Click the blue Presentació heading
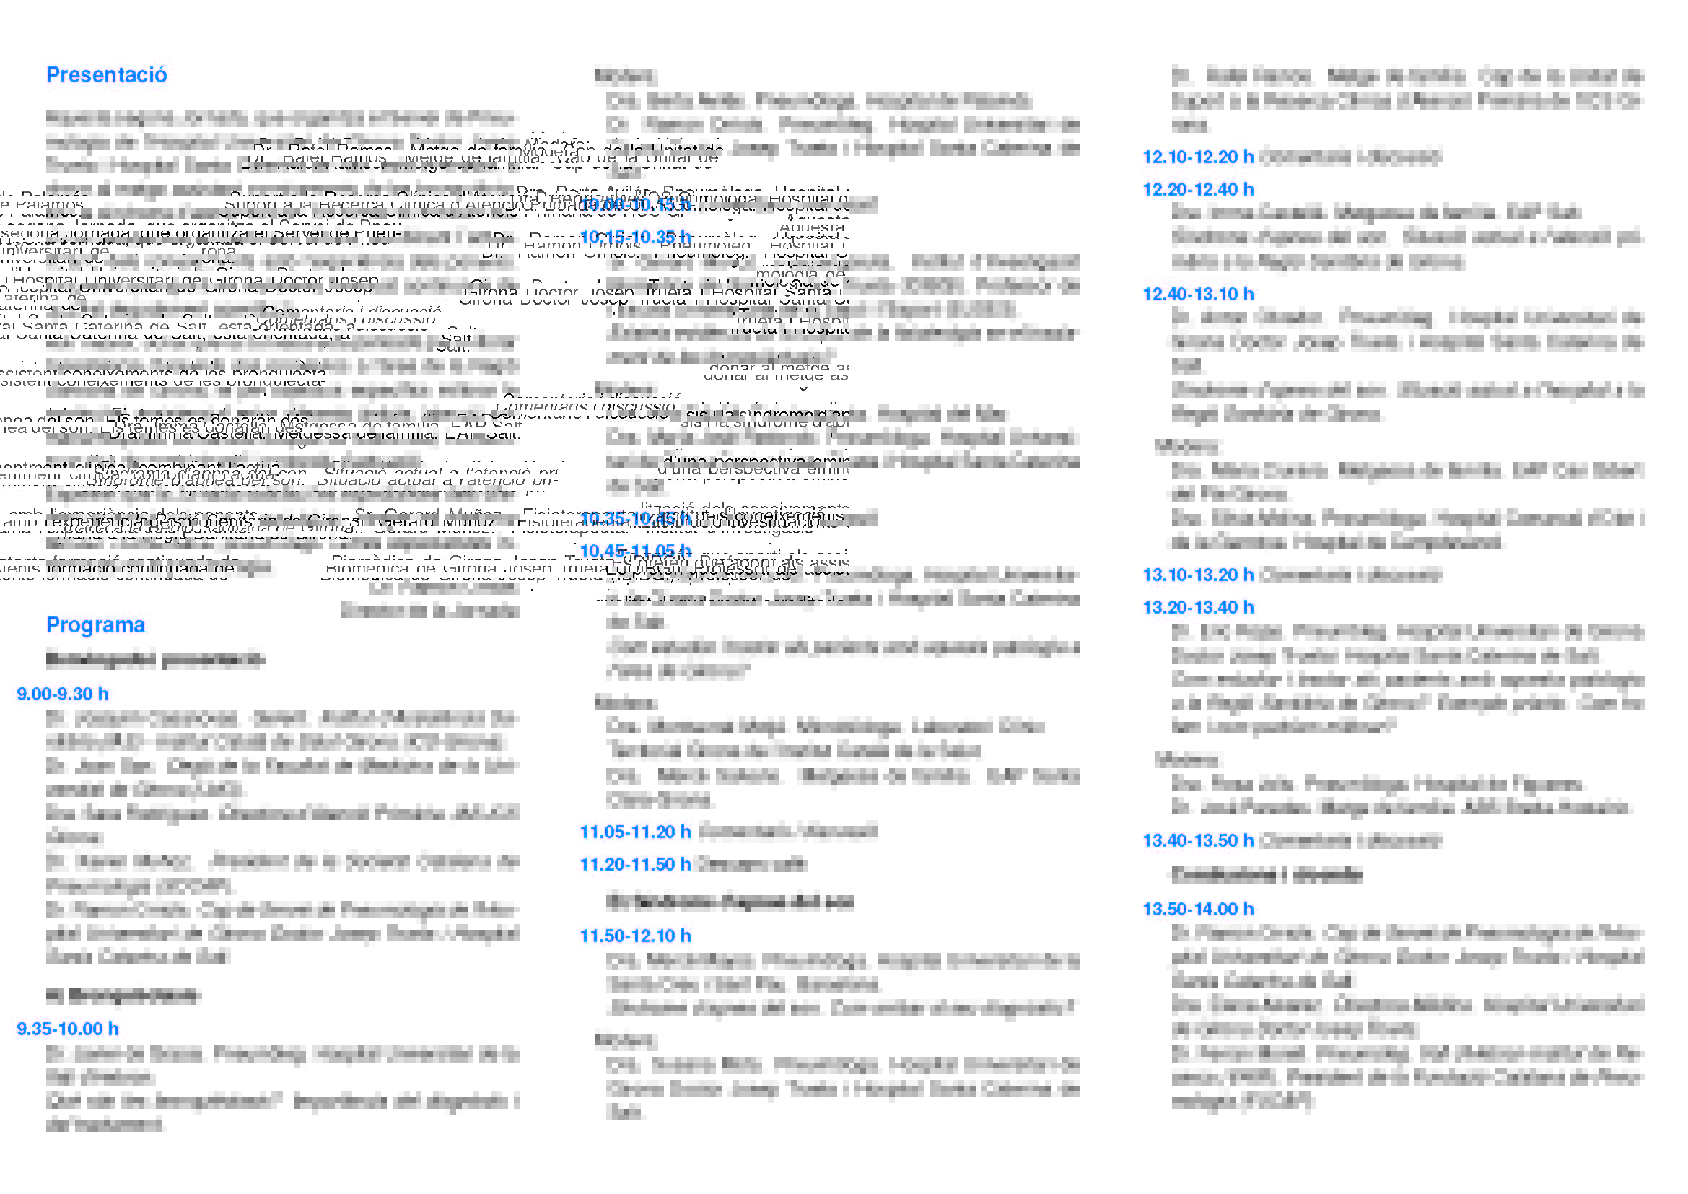pyautogui.click(x=107, y=75)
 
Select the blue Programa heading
pyautogui.click(x=95, y=625)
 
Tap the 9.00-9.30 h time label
pyautogui.click(x=63, y=694)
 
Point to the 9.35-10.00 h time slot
pyautogui.click(x=68, y=1029)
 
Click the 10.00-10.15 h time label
pyautogui.click(x=635, y=204)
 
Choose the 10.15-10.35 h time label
pyautogui.click(x=635, y=237)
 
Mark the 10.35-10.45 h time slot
pyautogui.click(x=635, y=519)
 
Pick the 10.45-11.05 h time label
pyautogui.click(x=635, y=551)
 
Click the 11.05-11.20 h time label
pyautogui.click(x=635, y=832)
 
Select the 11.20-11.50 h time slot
pyautogui.click(x=635, y=864)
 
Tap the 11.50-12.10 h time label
pyautogui.click(x=635, y=936)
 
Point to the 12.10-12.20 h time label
pyautogui.click(x=1198, y=157)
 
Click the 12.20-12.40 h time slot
pyautogui.click(x=1198, y=189)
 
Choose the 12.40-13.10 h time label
pyautogui.click(x=1198, y=294)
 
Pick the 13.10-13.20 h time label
pyautogui.click(x=1198, y=575)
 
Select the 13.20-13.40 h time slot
pyautogui.click(x=1198, y=607)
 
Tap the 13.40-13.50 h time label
pyautogui.click(x=1198, y=840)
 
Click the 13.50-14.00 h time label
pyautogui.click(x=1198, y=909)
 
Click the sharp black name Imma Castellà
pyautogui.click(x=198, y=434)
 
